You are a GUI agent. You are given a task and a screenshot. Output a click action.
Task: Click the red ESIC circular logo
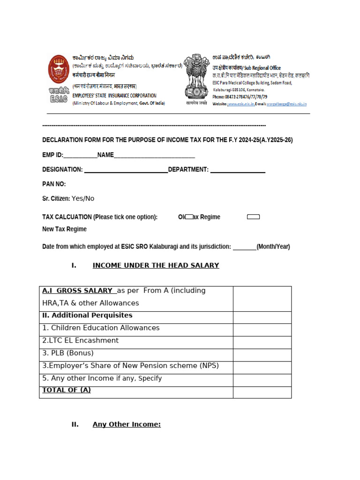(x=59, y=69)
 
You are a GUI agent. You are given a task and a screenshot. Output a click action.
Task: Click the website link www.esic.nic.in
(x=241, y=104)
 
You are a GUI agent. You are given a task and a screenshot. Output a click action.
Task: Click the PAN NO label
(x=54, y=184)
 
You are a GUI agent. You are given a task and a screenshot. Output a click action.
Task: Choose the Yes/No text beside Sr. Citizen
(x=83, y=199)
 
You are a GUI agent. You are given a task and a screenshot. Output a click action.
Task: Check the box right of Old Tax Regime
(x=253, y=217)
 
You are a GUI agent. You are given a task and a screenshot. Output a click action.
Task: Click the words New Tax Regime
(x=64, y=229)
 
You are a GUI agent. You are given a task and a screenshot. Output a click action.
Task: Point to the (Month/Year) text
(x=273, y=247)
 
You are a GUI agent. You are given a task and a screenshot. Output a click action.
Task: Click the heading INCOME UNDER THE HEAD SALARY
(x=156, y=265)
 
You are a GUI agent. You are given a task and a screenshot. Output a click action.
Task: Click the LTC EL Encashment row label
(x=80, y=341)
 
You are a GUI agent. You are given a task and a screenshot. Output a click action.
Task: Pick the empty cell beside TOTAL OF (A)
(x=262, y=392)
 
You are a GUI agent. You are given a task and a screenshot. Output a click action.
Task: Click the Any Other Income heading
(x=127, y=425)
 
